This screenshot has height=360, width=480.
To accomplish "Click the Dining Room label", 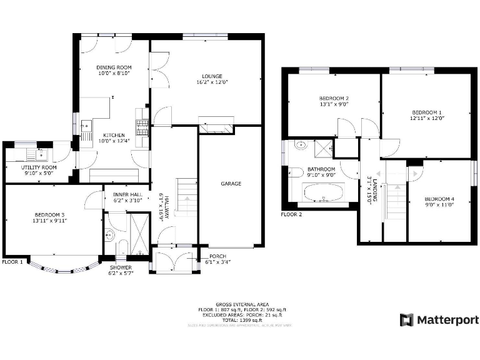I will tap(114, 67).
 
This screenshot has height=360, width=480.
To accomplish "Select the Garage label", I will tap(231, 184).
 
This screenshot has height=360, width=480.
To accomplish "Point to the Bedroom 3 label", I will tap(51, 215).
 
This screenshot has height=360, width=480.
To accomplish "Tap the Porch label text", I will tap(217, 256).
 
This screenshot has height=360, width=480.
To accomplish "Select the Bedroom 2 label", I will tap(334, 98).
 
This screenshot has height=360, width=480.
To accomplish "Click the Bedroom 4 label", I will tap(439, 199).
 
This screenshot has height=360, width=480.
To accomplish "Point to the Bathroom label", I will tap(321, 169).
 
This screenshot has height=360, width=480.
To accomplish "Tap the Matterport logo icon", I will tap(407, 320).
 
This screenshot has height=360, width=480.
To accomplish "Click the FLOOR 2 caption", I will tap(291, 214).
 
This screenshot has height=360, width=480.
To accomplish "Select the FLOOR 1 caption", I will tap(12, 262).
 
